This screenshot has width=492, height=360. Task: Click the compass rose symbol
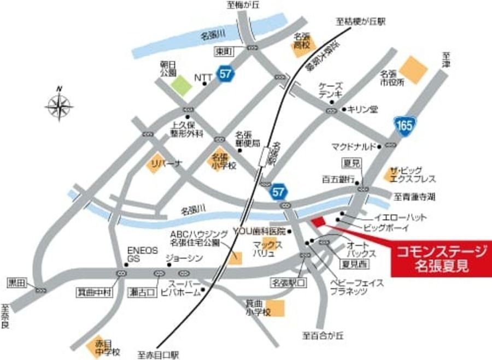60,104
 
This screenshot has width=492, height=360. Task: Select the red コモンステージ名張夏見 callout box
441,258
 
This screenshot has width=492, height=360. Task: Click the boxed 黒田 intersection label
17,283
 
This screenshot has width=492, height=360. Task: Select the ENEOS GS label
142,253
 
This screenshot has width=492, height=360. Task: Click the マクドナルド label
353,146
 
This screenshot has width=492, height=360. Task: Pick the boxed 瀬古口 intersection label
141,292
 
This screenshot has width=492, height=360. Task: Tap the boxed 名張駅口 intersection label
289,283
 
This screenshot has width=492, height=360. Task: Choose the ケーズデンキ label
331,91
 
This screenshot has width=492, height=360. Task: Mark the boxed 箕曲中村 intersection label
93,293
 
